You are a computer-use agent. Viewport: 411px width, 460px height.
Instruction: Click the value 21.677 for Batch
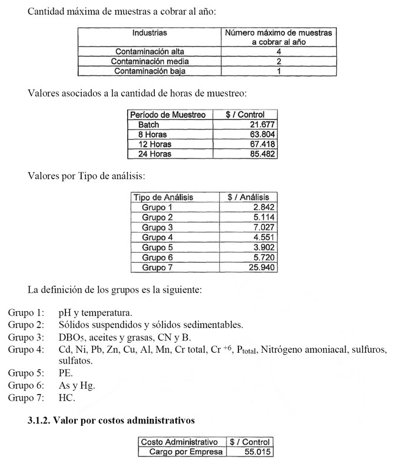coord(263,125)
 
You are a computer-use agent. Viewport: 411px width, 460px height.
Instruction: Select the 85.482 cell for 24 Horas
coord(263,154)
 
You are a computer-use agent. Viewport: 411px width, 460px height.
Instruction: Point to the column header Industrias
coord(149,33)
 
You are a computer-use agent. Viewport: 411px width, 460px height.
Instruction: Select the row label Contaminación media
coord(149,61)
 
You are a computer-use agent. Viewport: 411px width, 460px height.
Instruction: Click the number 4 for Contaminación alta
coord(279,52)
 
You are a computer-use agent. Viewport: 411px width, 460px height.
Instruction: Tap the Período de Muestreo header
coord(168,115)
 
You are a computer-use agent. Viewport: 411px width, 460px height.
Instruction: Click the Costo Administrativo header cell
coord(180,442)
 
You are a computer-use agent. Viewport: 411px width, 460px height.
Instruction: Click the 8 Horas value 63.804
coord(263,134)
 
